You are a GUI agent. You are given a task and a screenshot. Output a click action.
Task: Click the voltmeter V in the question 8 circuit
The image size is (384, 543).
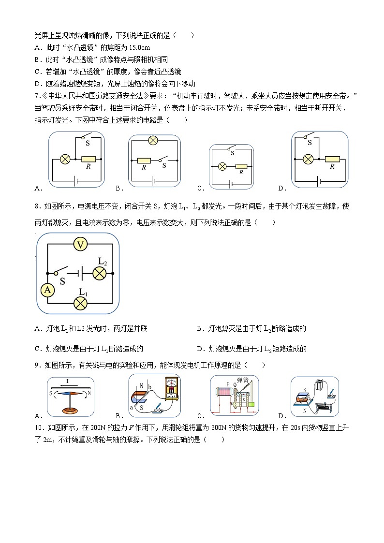(x=81, y=245)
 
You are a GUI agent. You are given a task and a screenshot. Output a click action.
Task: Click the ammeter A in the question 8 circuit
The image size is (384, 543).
(x=47, y=290)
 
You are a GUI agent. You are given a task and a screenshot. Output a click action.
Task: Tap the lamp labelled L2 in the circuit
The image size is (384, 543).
(x=100, y=273)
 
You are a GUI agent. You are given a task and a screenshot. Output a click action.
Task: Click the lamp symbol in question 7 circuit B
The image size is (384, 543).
(x=153, y=141)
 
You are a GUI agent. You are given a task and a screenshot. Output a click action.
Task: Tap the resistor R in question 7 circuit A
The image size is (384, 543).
(x=89, y=159)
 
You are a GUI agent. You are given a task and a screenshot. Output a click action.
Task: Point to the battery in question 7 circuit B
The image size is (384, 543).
(x=154, y=182)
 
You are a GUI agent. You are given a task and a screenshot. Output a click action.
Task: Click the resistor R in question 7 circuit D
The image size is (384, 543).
(x=332, y=159)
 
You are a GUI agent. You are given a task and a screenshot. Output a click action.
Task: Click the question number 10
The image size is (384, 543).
(x=39, y=427)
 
